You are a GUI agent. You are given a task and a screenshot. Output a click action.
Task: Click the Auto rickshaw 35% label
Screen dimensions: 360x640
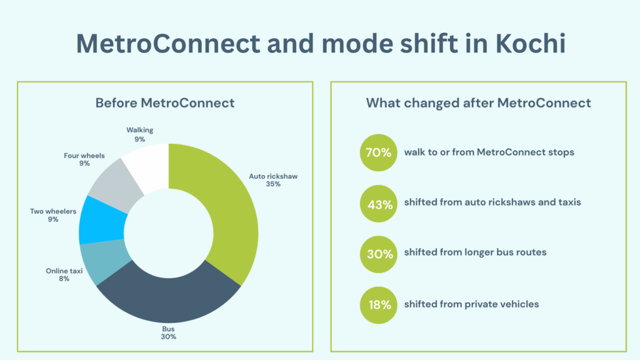tap(273, 180)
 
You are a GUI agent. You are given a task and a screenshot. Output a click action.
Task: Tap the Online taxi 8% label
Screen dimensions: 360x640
tap(64, 274)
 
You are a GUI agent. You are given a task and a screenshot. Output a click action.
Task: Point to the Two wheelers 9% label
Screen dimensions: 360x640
tap(53, 215)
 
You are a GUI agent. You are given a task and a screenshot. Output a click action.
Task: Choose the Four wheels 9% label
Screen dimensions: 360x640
tap(84, 159)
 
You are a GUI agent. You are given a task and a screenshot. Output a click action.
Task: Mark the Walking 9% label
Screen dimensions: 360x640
tap(139, 134)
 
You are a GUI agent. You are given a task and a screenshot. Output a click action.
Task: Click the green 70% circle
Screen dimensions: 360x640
tap(379, 152)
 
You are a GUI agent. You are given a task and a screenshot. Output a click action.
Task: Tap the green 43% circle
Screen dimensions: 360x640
tap(379, 203)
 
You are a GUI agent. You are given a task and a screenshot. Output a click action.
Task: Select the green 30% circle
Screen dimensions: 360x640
tap(379, 254)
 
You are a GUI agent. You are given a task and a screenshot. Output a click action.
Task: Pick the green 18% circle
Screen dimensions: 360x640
tap(379, 305)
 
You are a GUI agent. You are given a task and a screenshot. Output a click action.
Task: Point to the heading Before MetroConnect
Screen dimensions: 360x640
tap(165, 103)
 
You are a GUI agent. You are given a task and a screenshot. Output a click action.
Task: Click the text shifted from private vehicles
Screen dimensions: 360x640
tap(471, 304)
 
